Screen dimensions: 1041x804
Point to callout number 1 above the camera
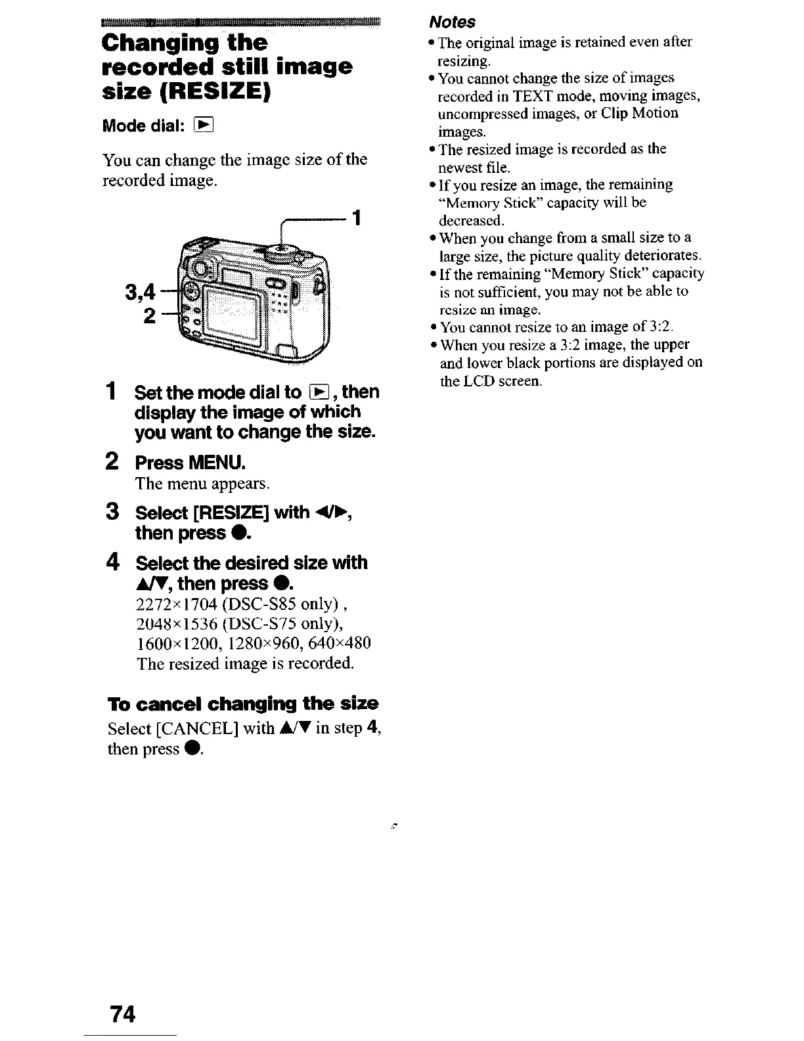click(x=356, y=217)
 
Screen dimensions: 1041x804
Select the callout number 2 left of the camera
click(x=150, y=316)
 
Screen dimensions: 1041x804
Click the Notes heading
click(x=452, y=22)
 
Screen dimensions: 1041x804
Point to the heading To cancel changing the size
click(x=242, y=704)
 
